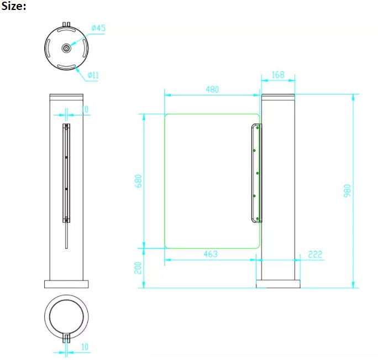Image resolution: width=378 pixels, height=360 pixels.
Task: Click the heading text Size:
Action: [13, 6]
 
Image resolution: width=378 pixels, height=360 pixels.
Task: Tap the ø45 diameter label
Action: [98, 28]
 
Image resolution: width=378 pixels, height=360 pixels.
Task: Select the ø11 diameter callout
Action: [93, 75]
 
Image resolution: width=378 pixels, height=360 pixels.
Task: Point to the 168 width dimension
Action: [278, 75]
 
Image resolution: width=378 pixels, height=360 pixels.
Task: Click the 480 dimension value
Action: [212, 90]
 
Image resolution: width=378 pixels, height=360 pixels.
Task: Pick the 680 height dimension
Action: [138, 181]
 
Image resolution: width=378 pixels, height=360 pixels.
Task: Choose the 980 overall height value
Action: [348, 191]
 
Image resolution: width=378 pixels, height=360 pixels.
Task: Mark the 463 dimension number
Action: [211, 254]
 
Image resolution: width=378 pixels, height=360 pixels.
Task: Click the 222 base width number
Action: [315, 254]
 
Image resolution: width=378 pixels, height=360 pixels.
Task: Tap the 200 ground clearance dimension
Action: [138, 268]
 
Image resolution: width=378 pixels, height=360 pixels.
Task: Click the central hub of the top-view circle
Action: [66, 48]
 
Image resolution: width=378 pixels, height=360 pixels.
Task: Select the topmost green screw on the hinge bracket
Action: [258, 127]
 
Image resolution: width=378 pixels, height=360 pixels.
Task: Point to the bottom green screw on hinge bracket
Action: [258, 218]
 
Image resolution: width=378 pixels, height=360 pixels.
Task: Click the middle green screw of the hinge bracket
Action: [258, 173]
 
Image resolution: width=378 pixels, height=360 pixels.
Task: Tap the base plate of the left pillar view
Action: [66, 284]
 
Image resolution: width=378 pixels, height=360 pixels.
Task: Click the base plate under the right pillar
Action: [278, 284]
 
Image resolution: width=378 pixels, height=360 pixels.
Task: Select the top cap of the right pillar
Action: [278, 97]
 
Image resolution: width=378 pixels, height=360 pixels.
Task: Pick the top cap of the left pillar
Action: [66, 97]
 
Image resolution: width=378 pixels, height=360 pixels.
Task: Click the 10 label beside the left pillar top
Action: [85, 109]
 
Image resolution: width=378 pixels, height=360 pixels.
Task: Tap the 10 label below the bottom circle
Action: [85, 347]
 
